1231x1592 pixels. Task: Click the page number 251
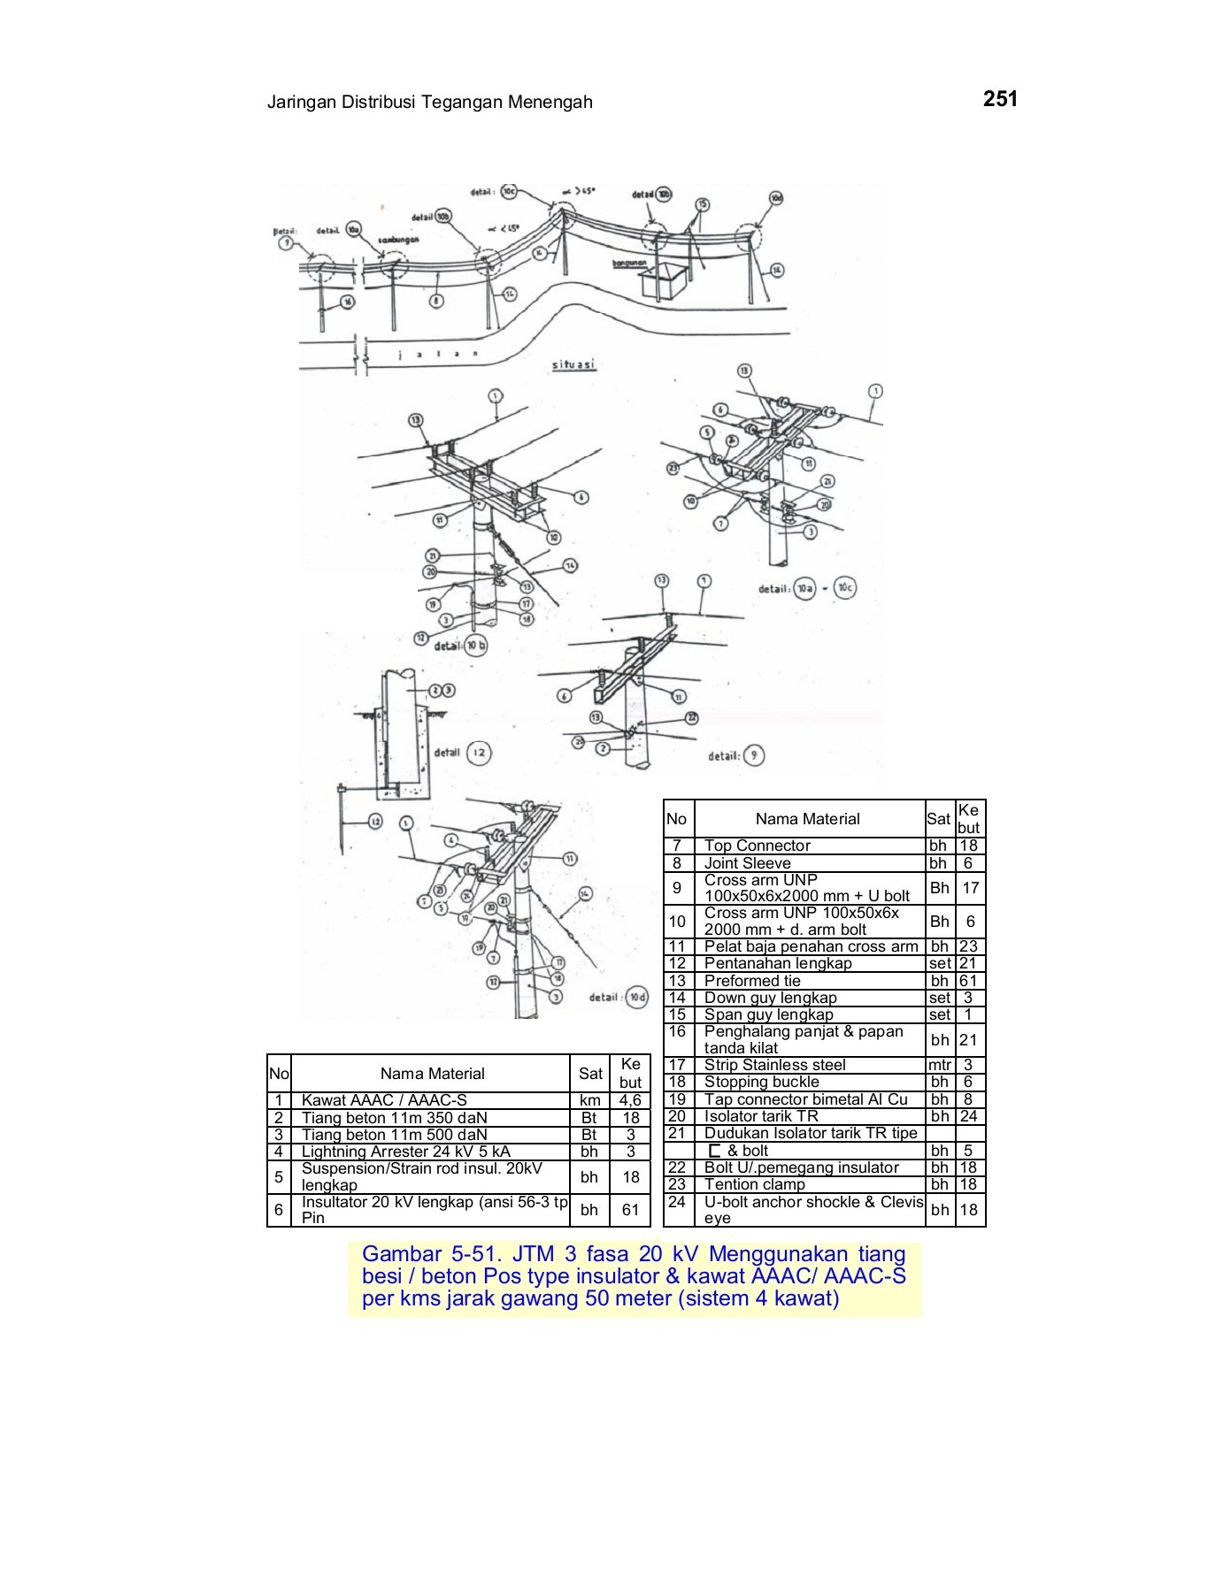coord(1000,100)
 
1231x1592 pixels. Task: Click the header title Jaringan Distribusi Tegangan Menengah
coord(429,103)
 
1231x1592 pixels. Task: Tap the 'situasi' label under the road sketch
coord(573,365)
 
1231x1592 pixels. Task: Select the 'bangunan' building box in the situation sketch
coord(662,280)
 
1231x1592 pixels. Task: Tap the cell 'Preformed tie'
coord(751,981)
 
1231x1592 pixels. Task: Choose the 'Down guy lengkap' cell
coord(770,998)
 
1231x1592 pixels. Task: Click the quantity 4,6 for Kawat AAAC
coord(630,1101)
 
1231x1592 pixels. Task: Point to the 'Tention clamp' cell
coord(754,1184)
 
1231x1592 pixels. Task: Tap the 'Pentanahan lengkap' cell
coord(777,963)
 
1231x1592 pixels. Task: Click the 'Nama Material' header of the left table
coord(432,1074)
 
